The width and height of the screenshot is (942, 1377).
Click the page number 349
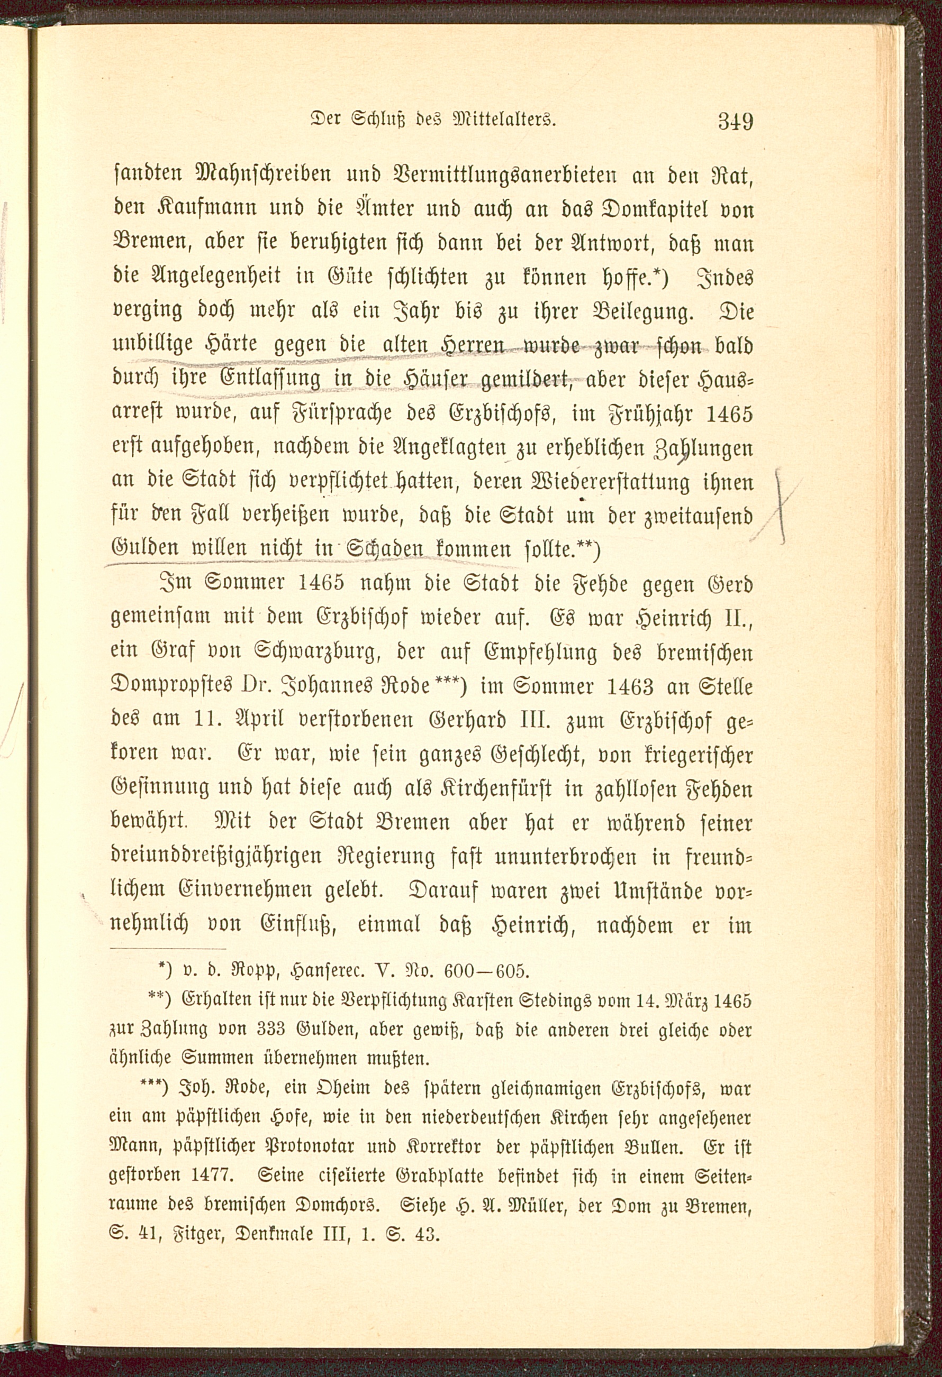point(735,122)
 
